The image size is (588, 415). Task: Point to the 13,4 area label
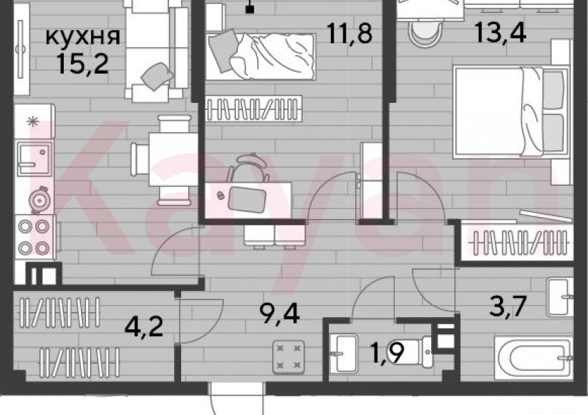[501, 33]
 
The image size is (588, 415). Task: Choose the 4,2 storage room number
[144, 328]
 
